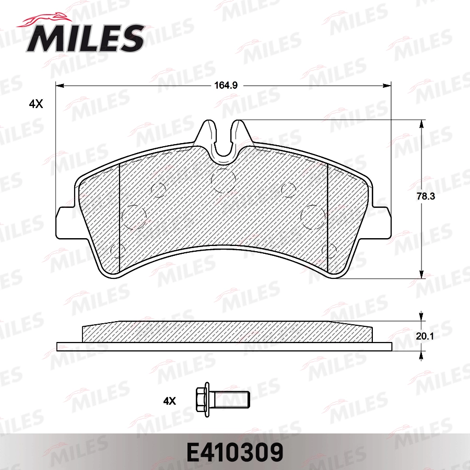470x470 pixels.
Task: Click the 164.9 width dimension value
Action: [225, 86]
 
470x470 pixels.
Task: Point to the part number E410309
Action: [234, 450]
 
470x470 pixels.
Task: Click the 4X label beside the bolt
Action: [170, 401]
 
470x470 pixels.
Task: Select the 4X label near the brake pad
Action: [35, 104]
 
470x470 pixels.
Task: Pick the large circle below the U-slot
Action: [224, 181]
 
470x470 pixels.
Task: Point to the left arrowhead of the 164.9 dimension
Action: [59, 86]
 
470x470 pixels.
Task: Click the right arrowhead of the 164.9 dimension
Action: [387, 86]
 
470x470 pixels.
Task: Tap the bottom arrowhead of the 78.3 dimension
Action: [421, 274]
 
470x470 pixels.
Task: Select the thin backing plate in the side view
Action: [224, 346]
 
